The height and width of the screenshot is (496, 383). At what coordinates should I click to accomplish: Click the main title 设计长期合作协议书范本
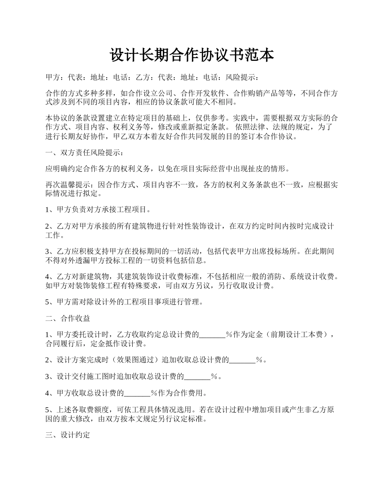click(x=191, y=55)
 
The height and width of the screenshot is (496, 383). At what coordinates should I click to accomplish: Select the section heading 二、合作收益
click(x=68, y=318)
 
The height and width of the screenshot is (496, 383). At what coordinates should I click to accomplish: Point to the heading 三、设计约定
click(x=68, y=435)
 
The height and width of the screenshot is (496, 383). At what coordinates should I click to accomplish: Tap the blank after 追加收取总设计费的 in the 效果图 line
click(x=242, y=360)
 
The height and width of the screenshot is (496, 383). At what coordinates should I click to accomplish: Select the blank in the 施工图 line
click(x=198, y=377)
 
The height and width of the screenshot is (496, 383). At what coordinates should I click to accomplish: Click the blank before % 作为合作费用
click(x=137, y=393)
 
